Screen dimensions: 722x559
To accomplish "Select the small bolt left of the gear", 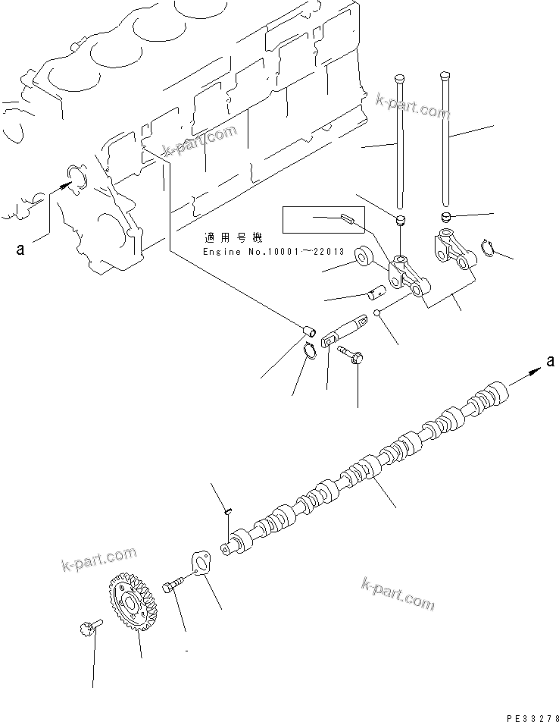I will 86,628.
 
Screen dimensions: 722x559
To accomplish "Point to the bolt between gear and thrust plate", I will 172,589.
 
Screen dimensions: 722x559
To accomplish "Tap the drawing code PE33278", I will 523,715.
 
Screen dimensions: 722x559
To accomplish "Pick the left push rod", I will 399,140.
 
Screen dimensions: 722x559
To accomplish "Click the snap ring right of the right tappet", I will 489,246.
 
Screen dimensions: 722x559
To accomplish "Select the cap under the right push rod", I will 445,218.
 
